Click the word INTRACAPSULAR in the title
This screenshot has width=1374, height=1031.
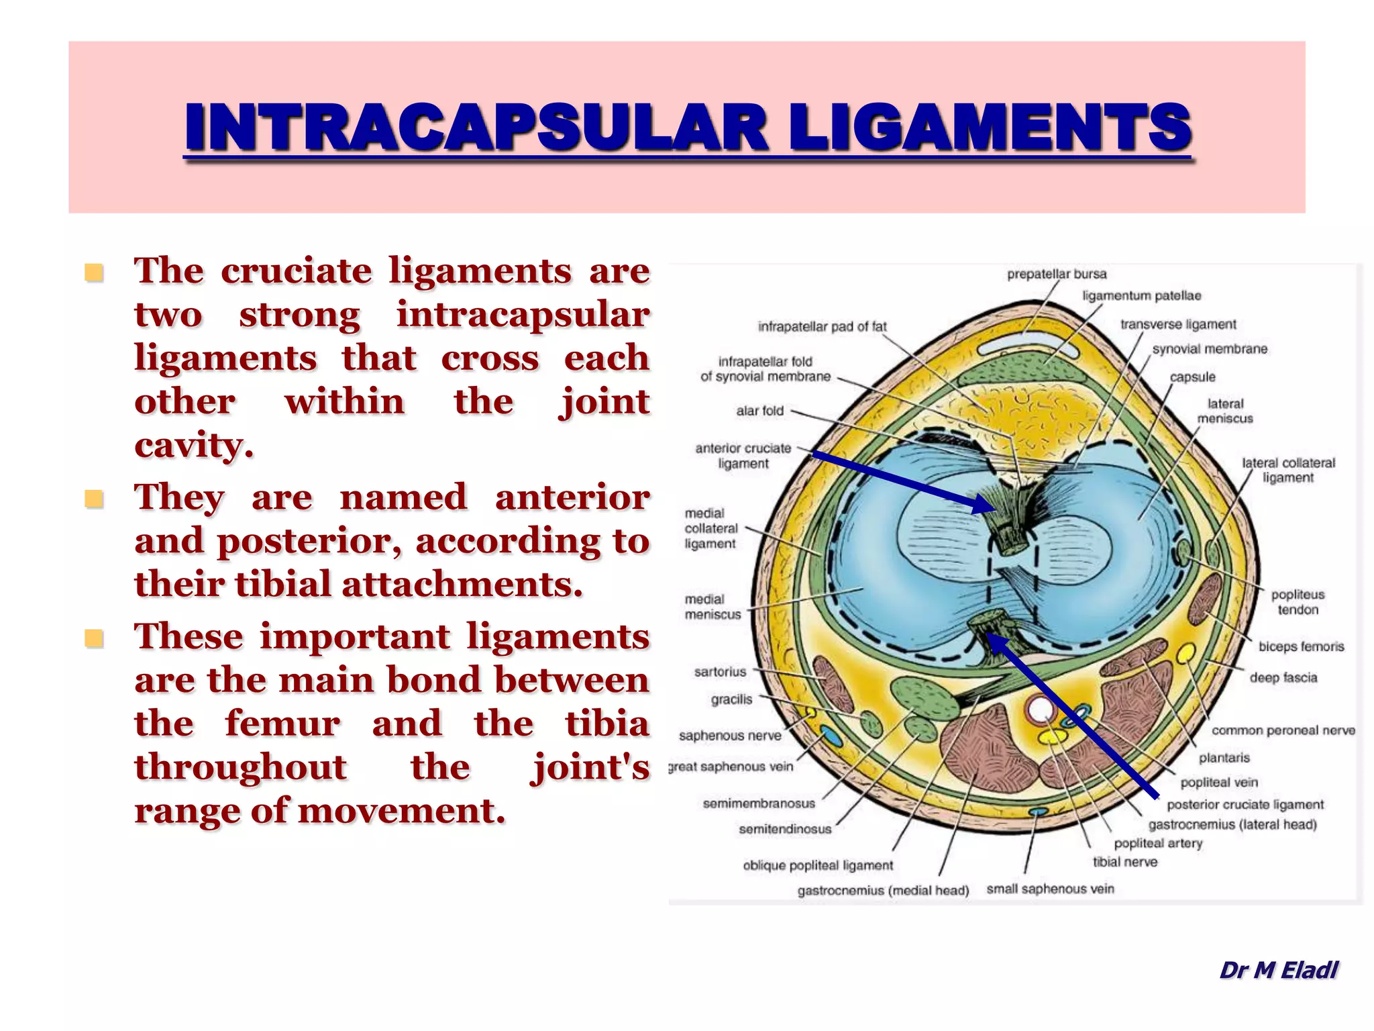[476, 127]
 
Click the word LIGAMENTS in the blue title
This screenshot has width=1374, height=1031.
[989, 127]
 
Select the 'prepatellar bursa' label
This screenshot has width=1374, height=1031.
[1057, 274]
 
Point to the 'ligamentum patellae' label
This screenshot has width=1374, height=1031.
[1142, 296]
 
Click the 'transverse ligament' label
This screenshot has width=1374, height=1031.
[1178, 324]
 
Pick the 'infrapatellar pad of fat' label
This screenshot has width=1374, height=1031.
[822, 327]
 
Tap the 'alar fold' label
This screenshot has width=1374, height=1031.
[759, 411]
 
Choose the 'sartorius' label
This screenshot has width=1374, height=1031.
[720, 672]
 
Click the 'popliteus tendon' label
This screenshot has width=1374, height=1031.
[1298, 602]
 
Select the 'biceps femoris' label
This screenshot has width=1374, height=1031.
[1301, 646]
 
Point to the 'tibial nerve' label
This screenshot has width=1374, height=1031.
[1125, 862]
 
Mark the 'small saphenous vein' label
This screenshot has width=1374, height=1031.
[1050, 889]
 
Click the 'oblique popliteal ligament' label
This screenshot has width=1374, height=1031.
[818, 865]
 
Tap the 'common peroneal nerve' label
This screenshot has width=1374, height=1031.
[1283, 730]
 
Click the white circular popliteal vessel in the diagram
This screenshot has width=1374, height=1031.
[1039, 709]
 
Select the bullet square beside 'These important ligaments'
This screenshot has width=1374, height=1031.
[94, 638]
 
